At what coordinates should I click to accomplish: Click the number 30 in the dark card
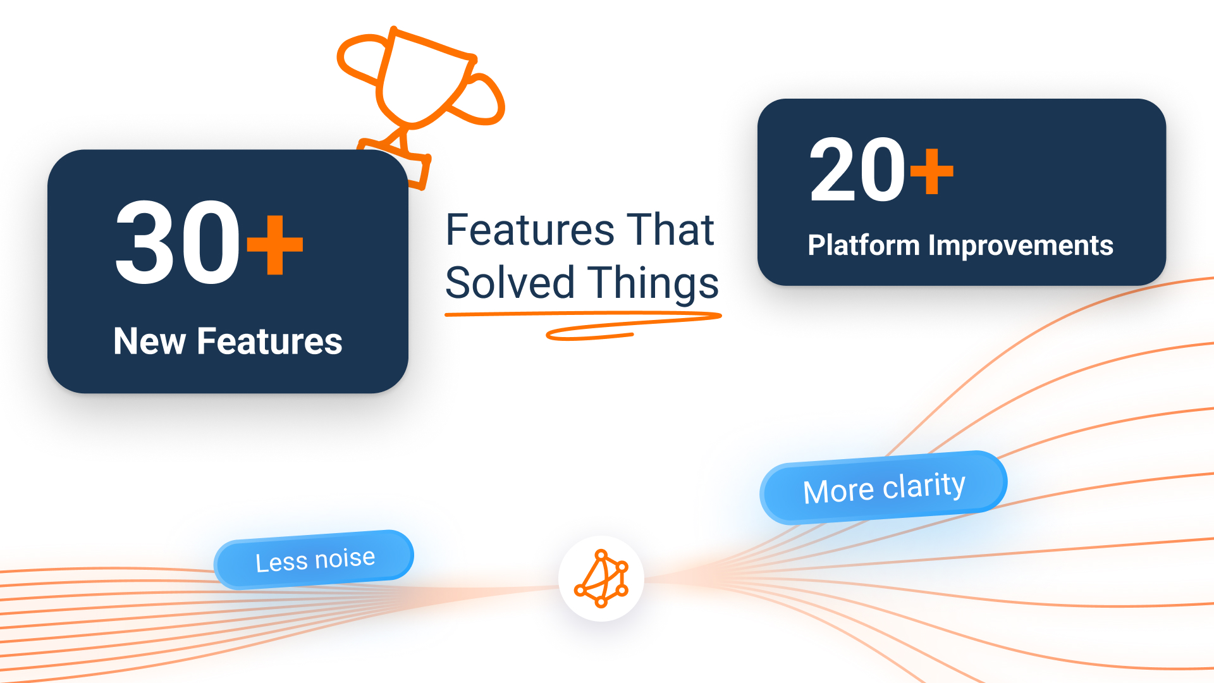pyautogui.click(x=178, y=243)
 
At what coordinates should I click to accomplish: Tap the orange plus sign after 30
pyautogui.click(x=275, y=245)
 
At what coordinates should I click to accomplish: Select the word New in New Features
pyautogui.click(x=149, y=341)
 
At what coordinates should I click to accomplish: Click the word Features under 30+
pyautogui.click(x=269, y=341)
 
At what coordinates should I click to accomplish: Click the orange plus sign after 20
pyautogui.click(x=931, y=171)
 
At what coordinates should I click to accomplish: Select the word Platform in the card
pyautogui.click(x=863, y=245)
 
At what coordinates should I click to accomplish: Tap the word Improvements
pyautogui.click(x=1020, y=245)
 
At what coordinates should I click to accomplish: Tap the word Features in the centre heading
pyautogui.click(x=530, y=230)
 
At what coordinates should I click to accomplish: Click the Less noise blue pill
pyautogui.click(x=314, y=560)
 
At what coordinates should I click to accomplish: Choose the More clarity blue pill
pyautogui.click(x=883, y=488)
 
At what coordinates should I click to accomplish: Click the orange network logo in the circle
pyautogui.click(x=601, y=579)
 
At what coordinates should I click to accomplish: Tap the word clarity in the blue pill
pyautogui.click(x=924, y=486)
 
